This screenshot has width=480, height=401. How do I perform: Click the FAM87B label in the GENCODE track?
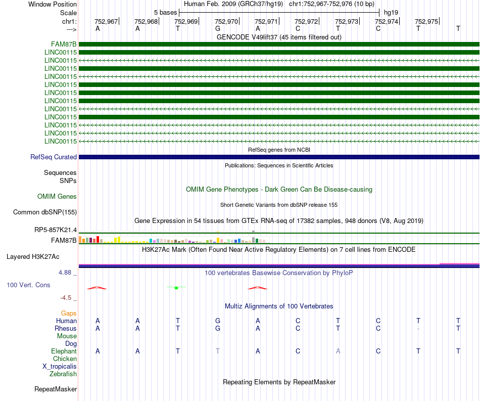pos(64,44)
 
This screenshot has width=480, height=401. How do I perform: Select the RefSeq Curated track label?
pos(54,157)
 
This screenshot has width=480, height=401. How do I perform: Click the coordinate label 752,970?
pos(226,21)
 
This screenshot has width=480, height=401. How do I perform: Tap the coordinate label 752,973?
pos(347,21)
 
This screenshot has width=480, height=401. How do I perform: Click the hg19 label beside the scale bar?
pos(391,12)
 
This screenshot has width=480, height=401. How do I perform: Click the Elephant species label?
pos(64,351)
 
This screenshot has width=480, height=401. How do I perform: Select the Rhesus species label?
pos(66,329)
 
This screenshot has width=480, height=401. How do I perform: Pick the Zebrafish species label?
pos(63,374)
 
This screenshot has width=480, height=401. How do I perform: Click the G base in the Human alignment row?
pos(218,321)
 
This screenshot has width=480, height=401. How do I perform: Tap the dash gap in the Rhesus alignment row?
pos(418,329)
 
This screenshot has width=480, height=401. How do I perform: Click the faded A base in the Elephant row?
pos(338,351)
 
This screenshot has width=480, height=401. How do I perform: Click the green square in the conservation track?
pos(176,288)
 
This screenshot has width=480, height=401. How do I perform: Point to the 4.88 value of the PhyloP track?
pos(66,273)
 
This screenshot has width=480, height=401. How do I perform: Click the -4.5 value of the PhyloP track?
pos(66,298)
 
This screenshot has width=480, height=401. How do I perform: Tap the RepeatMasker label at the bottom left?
pos(56,389)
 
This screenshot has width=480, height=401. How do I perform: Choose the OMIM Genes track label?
pos(57,196)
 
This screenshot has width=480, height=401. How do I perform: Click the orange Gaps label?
pos(69,314)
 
